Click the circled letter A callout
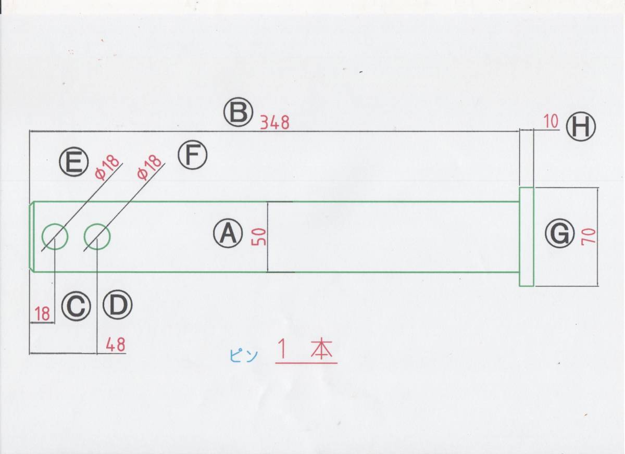pos(228,234)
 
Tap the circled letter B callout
pos(239,113)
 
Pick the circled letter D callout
pos(118,306)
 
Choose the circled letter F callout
pos(193,155)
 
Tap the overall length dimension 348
pos(274,123)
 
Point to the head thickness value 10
pos(551,122)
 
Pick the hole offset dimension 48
pos(115,345)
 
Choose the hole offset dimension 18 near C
pos(43,314)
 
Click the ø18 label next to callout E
pos(107,168)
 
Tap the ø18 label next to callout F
pos(149,167)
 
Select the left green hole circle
pos(55,237)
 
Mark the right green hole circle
pos(97,237)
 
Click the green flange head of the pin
pos(527,237)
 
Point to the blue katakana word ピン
pos(243,356)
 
